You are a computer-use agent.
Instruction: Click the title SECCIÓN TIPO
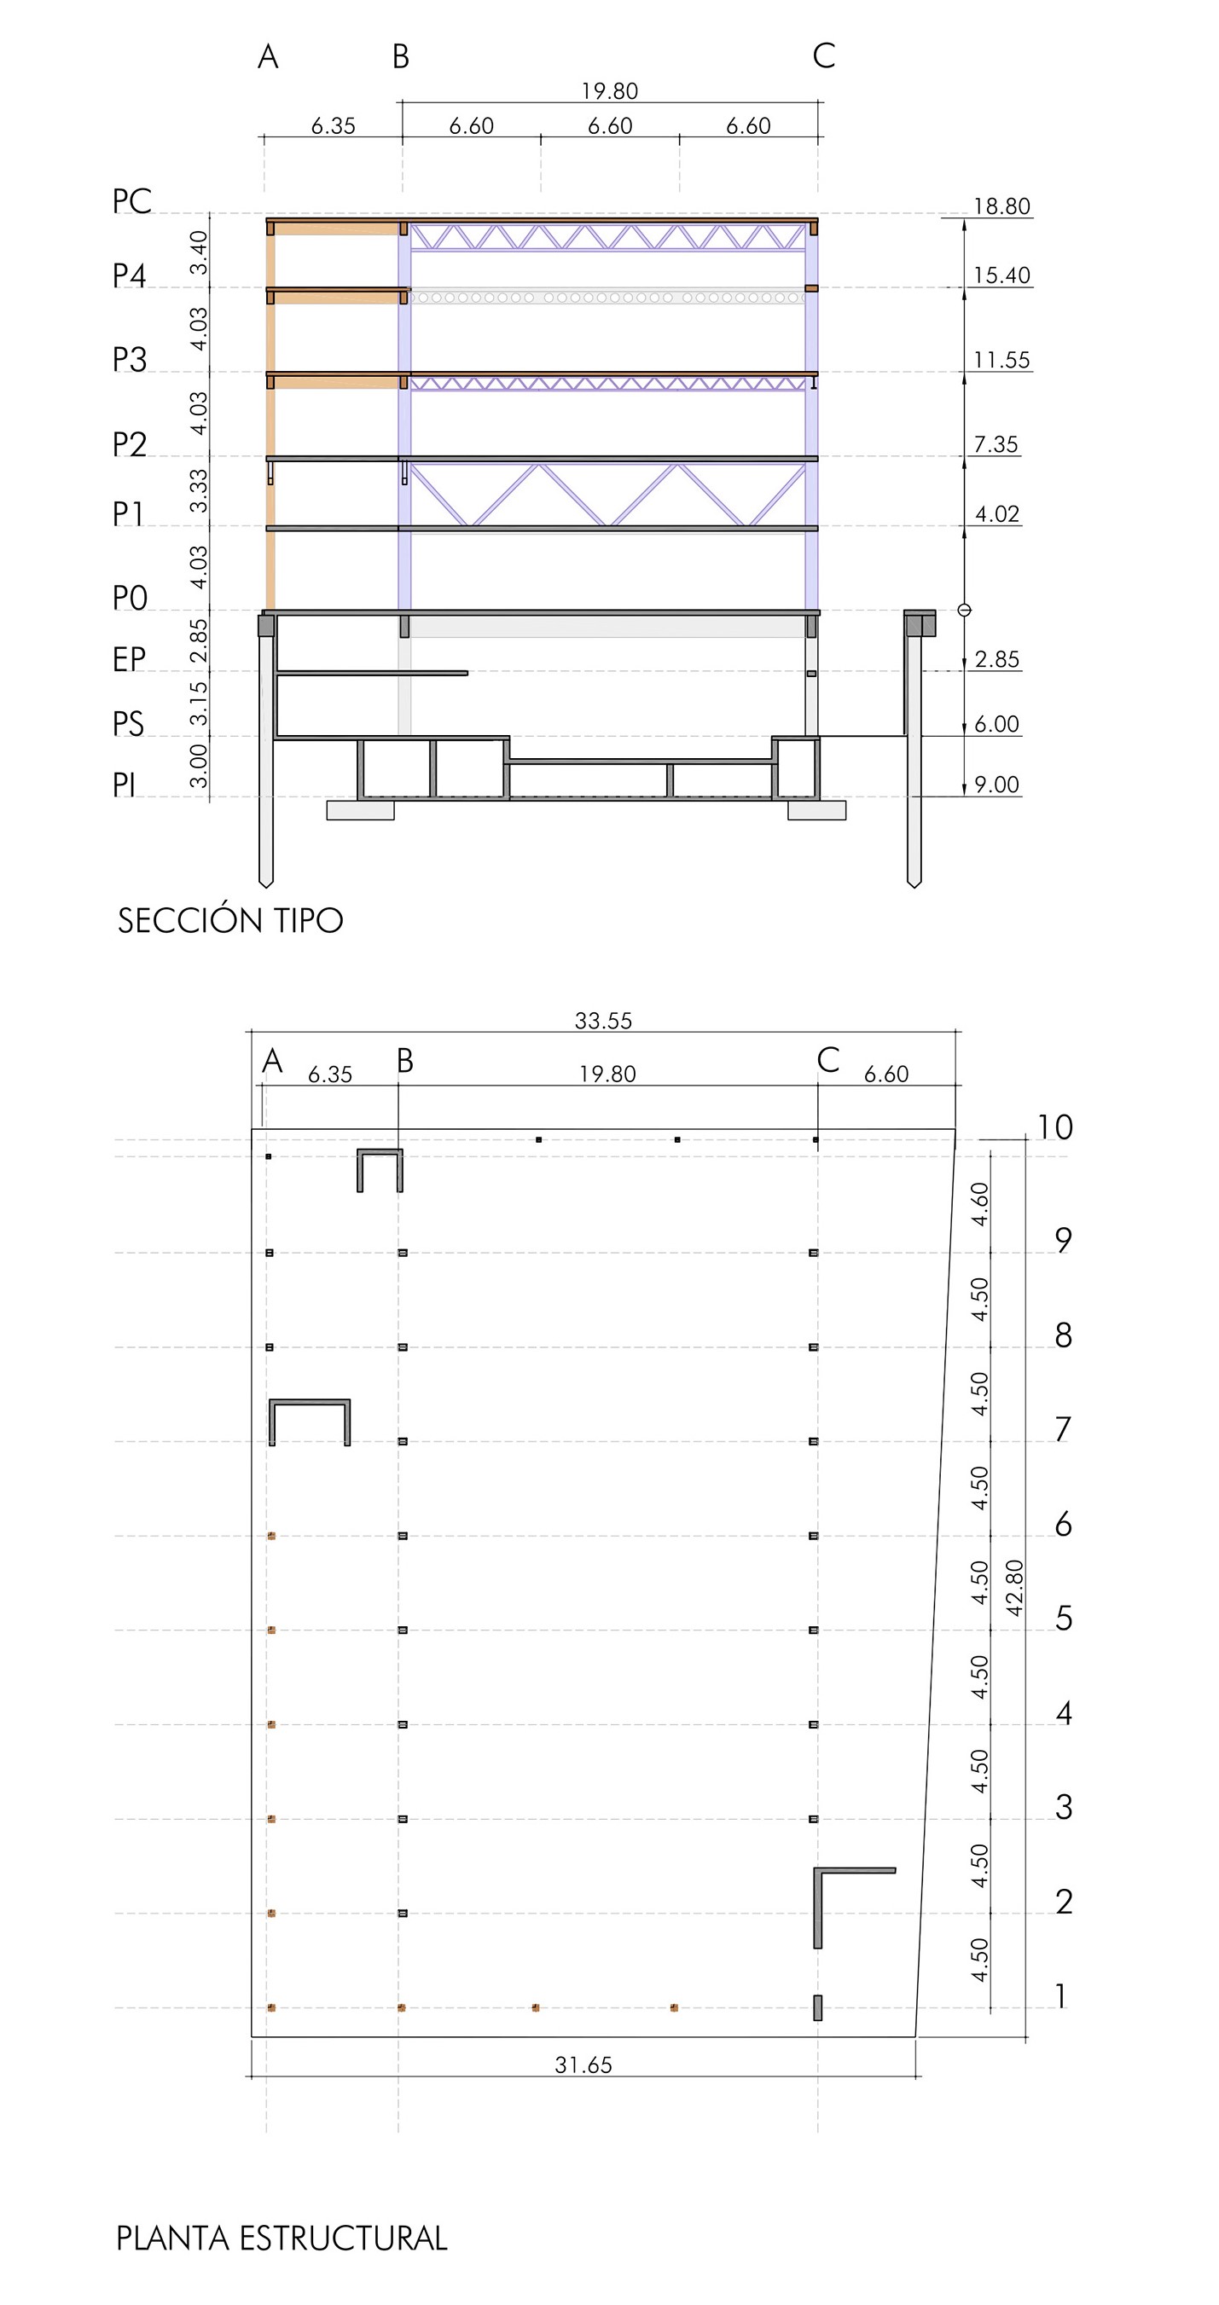point(230,920)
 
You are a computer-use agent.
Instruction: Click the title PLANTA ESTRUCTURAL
point(281,2238)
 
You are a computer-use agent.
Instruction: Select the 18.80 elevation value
point(1001,206)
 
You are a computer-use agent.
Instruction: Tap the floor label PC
point(131,201)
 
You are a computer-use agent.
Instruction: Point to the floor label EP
point(128,659)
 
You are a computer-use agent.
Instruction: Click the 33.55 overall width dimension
point(603,1020)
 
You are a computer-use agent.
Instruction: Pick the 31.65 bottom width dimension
point(583,2065)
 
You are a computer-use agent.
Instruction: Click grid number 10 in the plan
point(1054,1127)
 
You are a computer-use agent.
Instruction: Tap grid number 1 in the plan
point(1061,1996)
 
